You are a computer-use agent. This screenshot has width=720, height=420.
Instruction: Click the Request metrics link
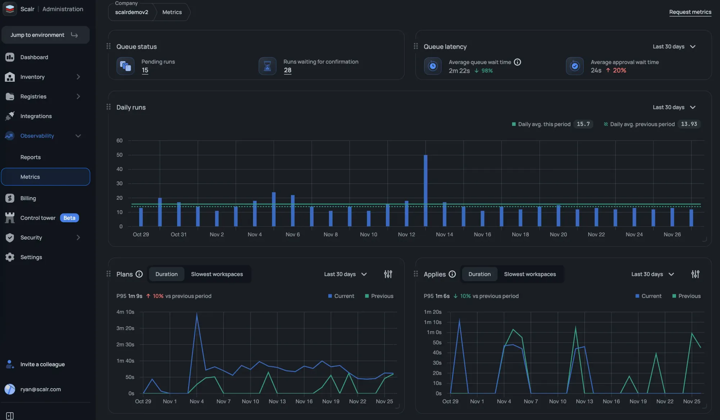pyautogui.click(x=690, y=12)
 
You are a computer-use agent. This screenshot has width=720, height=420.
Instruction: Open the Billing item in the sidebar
pyautogui.click(x=28, y=198)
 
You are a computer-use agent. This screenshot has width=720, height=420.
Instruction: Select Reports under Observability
pyautogui.click(x=31, y=157)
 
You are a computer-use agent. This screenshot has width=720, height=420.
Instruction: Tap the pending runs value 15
pyautogui.click(x=145, y=70)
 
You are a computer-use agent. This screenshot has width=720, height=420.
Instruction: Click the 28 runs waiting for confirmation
pyautogui.click(x=287, y=70)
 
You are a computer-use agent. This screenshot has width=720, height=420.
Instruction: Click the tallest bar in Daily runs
pyautogui.click(x=426, y=190)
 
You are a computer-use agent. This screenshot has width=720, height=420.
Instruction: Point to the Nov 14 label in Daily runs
pyautogui.click(x=444, y=235)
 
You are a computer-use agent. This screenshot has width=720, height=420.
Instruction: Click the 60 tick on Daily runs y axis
pyautogui.click(x=120, y=141)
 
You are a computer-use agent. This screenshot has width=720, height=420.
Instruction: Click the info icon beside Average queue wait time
pyautogui.click(x=517, y=62)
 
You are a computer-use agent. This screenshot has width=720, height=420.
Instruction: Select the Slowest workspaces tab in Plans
pyautogui.click(x=217, y=274)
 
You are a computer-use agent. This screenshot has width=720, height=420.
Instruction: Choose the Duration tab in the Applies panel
pyautogui.click(x=479, y=274)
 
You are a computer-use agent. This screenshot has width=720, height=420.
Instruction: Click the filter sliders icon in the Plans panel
pyautogui.click(x=388, y=274)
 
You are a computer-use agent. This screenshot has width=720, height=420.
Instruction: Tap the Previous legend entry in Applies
pyautogui.click(x=686, y=296)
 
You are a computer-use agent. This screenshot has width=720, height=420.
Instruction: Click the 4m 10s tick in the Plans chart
pyautogui.click(x=125, y=312)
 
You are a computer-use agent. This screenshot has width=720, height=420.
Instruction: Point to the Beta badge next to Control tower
pyautogui.click(x=69, y=218)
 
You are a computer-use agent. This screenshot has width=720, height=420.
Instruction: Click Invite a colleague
pyautogui.click(x=42, y=365)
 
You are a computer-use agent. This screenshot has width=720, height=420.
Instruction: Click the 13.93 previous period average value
pyautogui.click(x=689, y=124)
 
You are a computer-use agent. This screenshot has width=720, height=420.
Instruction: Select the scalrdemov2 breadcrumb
pyautogui.click(x=132, y=12)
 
